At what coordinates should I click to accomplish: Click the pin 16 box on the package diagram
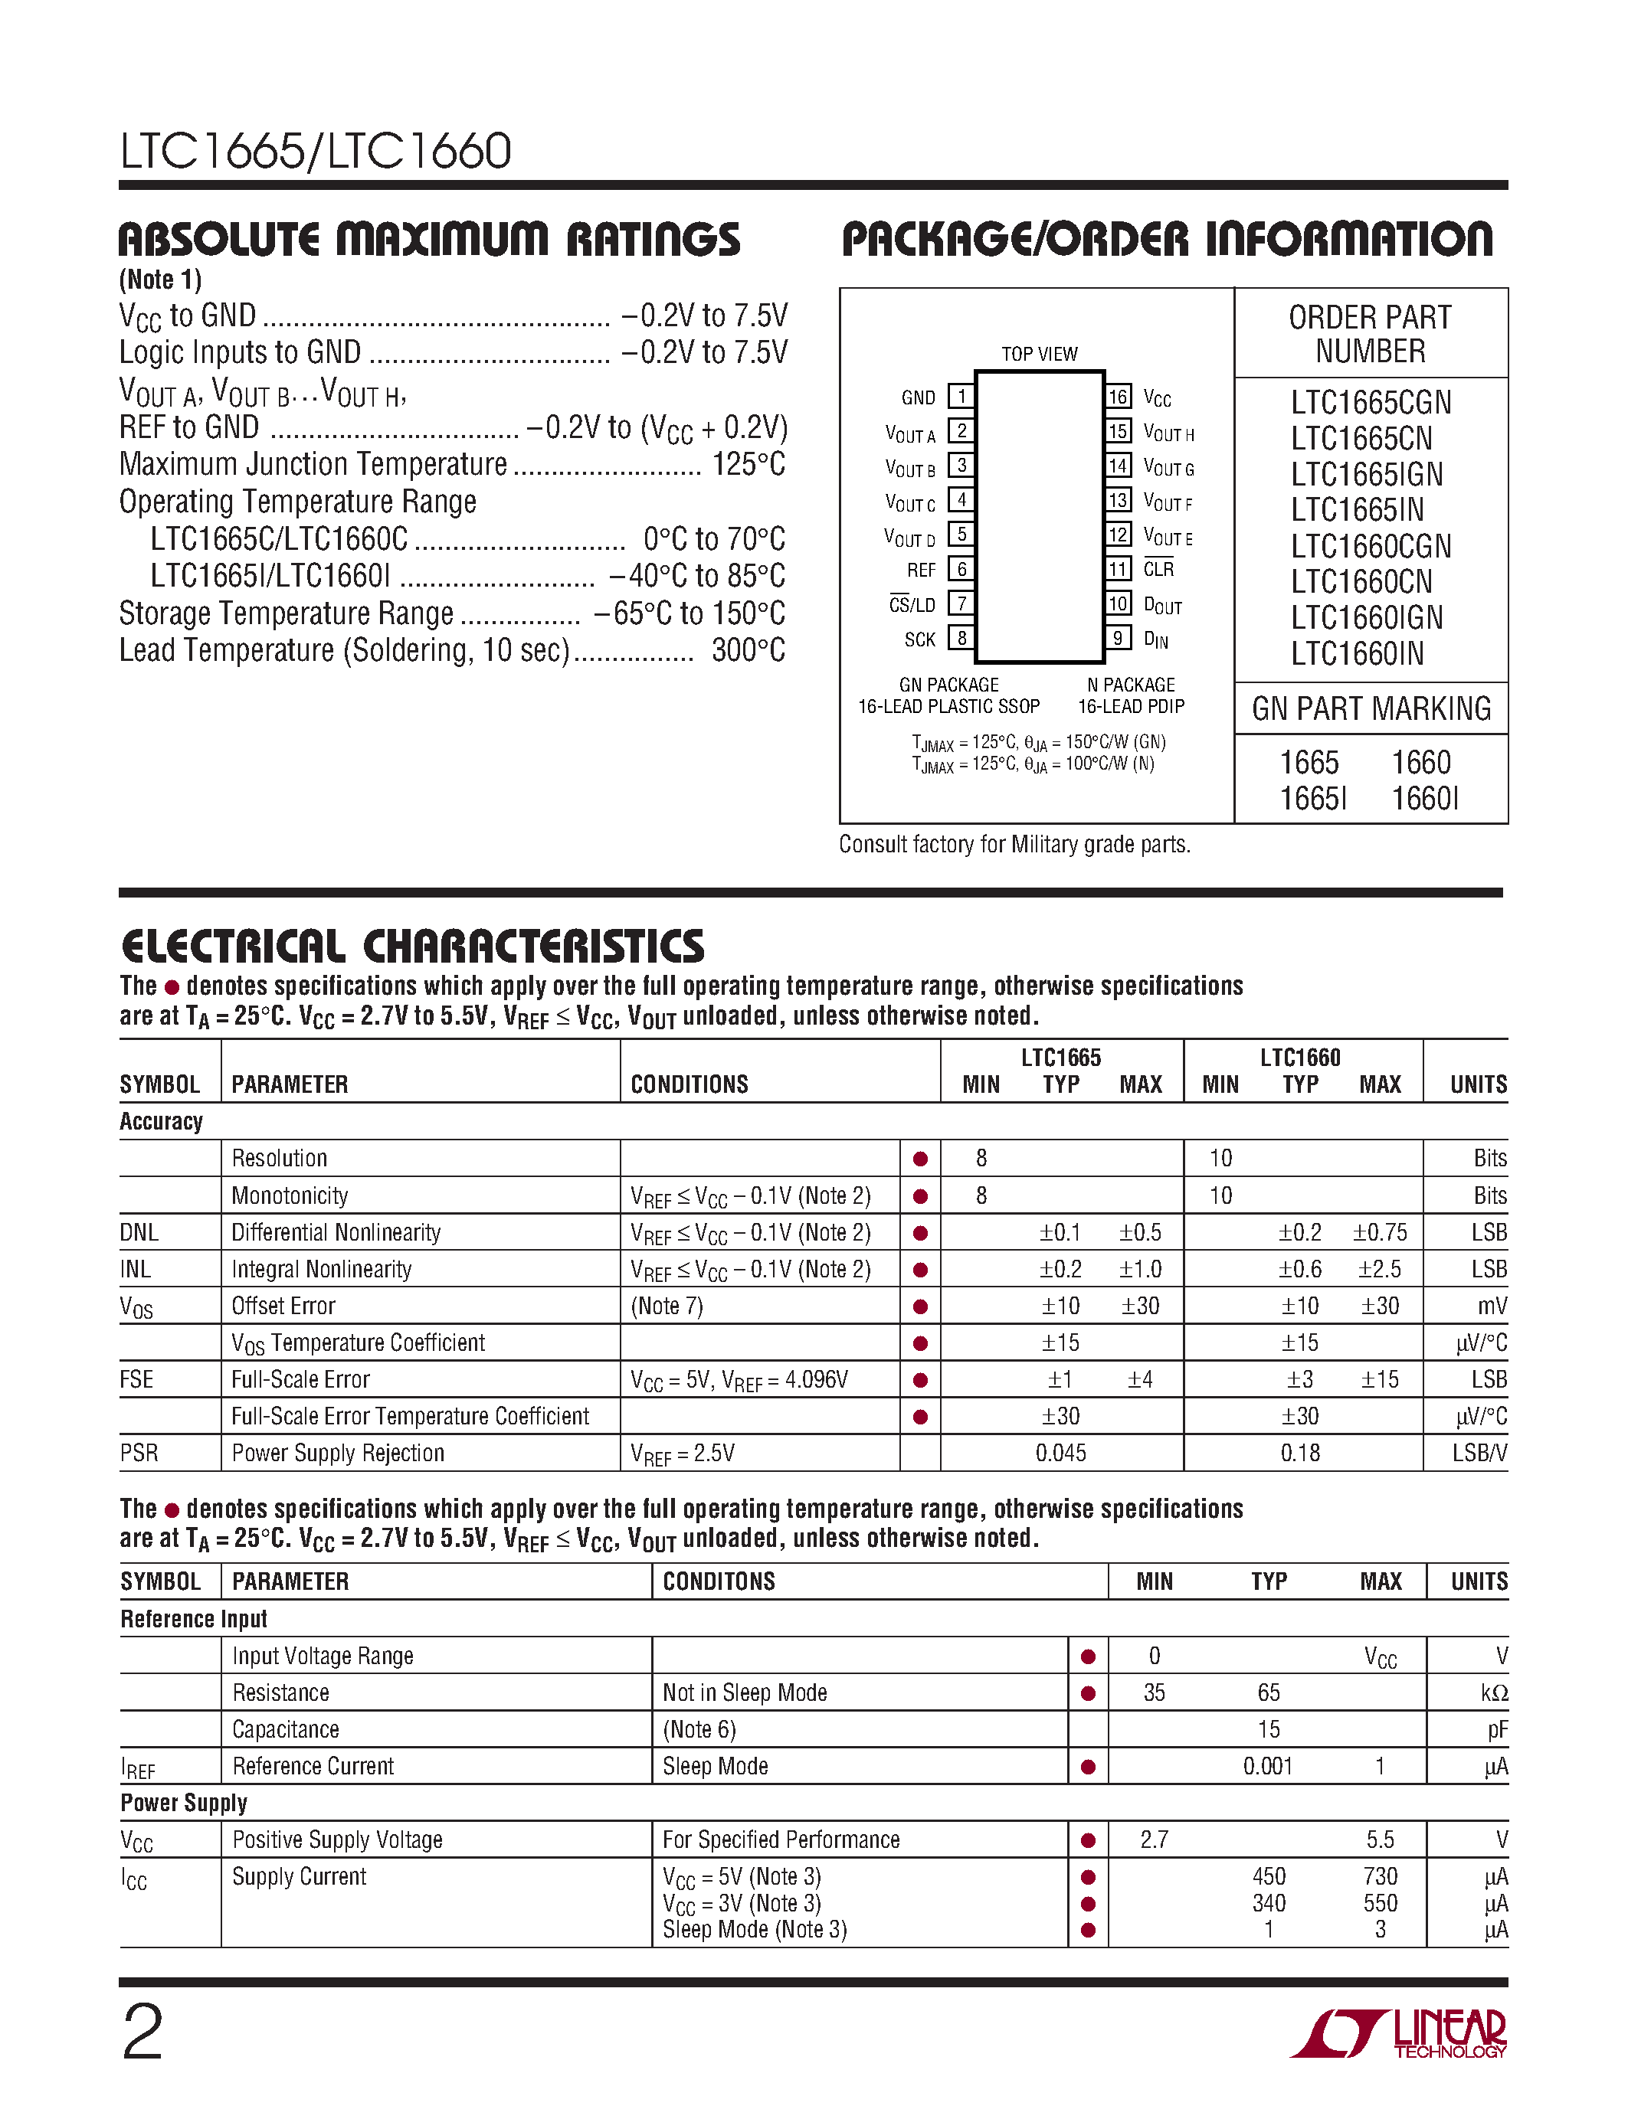pyautogui.click(x=1118, y=397)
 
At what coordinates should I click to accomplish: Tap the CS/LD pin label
pyautogui.click(x=912, y=604)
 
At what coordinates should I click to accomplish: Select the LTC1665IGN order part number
pyautogui.click(x=1367, y=475)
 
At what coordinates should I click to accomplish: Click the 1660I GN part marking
pyautogui.click(x=1424, y=799)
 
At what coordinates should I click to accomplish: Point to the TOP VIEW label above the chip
pyautogui.click(x=1039, y=354)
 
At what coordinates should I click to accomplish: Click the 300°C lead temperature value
pyautogui.click(x=748, y=651)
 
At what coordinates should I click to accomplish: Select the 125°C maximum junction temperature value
pyautogui.click(x=748, y=465)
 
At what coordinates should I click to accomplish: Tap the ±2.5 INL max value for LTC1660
pyautogui.click(x=1379, y=1269)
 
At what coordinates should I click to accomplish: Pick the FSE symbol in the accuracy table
pyautogui.click(x=137, y=1380)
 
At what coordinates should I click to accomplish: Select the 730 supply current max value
pyautogui.click(x=1379, y=1876)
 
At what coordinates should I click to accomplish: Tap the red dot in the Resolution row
pyautogui.click(x=920, y=1159)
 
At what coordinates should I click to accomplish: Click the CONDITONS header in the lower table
pyautogui.click(x=719, y=1581)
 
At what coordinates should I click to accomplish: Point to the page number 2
pyautogui.click(x=142, y=2032)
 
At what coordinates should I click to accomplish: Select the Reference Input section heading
pyautogui.click(x=194, y=1619)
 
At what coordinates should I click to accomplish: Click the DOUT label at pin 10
pyautogui.click(x=1162, y=606)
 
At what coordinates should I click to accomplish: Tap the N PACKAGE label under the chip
pyautogui.click(x=1130, y=685)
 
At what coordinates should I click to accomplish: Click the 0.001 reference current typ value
pyautogui.click(x=1267, y=1767)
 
